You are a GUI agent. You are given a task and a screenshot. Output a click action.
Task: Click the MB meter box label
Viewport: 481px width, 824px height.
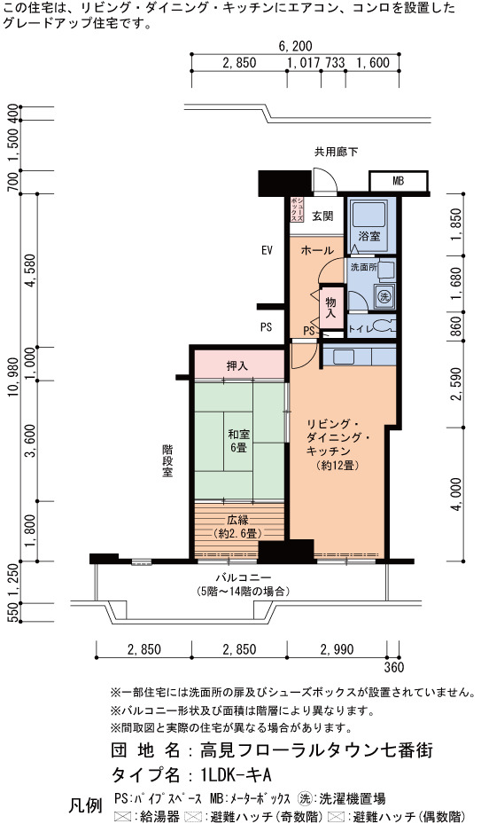[x=399, y=182]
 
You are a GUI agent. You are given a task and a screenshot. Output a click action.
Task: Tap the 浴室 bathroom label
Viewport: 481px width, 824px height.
[x=369, y=236]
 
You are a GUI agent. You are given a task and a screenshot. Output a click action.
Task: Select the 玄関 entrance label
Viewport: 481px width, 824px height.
[x=322, y=216]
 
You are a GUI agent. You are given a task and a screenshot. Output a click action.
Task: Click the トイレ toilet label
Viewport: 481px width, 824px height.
[x=359, y=329]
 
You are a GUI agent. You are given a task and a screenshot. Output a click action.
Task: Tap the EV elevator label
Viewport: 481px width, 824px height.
[x=268, y=250]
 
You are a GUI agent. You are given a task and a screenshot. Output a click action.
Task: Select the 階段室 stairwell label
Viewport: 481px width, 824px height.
[x=167, y=461]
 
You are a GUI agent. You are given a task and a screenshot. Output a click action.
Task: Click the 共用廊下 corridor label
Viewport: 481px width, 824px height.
[x=336, y=153]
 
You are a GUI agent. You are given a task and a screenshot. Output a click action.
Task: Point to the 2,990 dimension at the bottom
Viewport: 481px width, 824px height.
[x=337, y=649]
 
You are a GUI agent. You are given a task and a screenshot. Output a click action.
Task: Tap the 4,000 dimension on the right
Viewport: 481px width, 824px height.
[x=457, y=494]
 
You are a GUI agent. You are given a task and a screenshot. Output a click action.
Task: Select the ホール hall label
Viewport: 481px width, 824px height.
[x=317, y=250]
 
